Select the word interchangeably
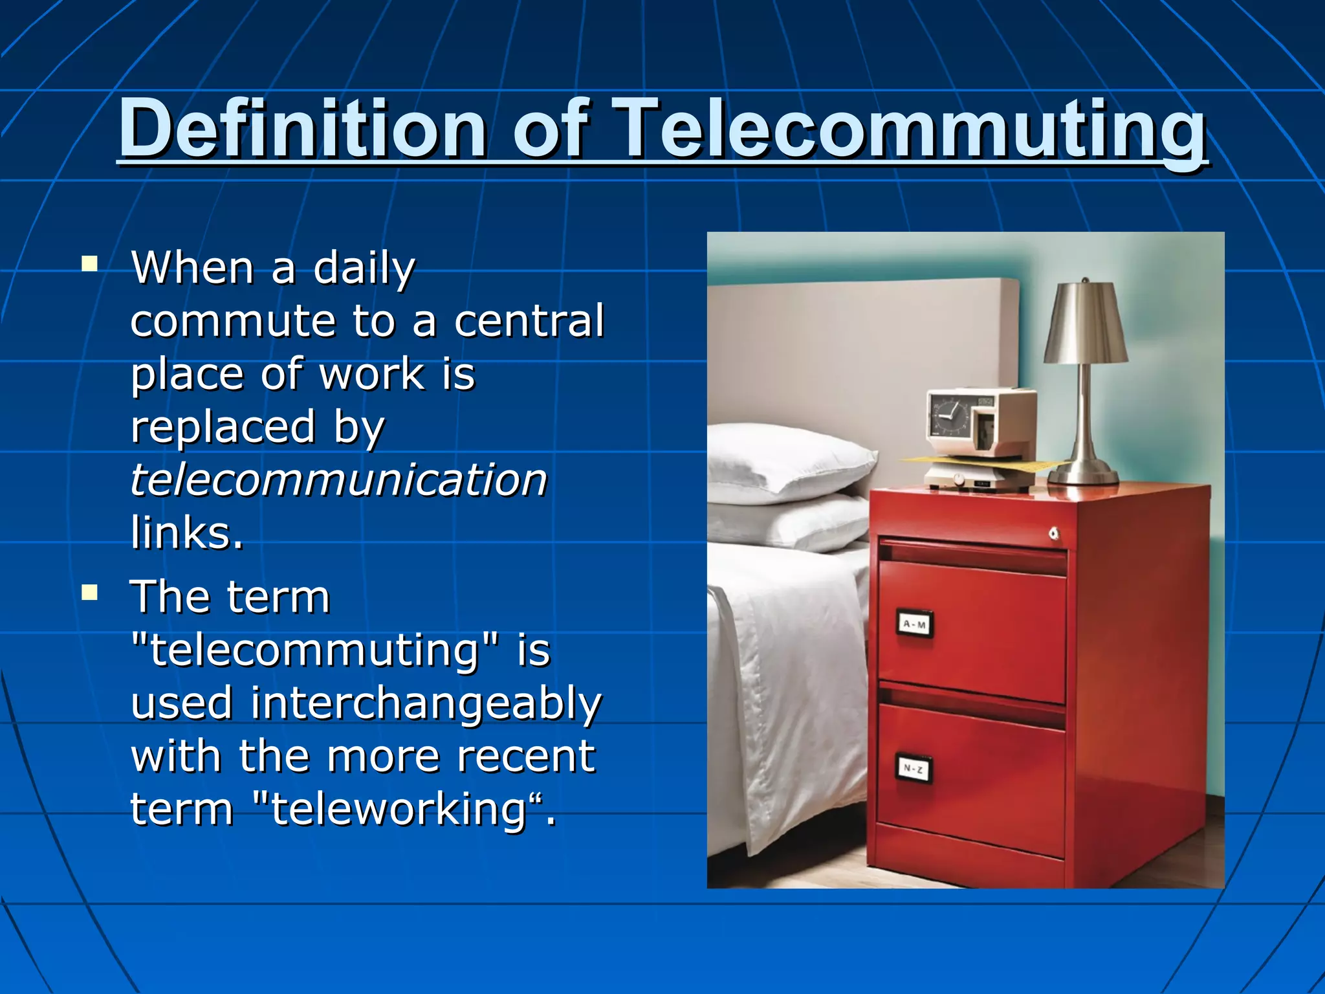[x=426, y=703]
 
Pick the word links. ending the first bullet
[x=187, y=533]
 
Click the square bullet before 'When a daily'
[x=90, y=263]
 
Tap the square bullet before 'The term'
[x=90, y=593]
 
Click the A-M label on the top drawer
[x=914, y=624]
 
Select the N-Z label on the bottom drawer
[x=913, y=769]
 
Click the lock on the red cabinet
[x=1053, y=534]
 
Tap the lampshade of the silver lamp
[x=1085, y=324]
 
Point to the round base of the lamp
[x=1082, y=474]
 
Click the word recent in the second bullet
[x=525, y=757]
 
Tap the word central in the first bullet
[x=529, y=321]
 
